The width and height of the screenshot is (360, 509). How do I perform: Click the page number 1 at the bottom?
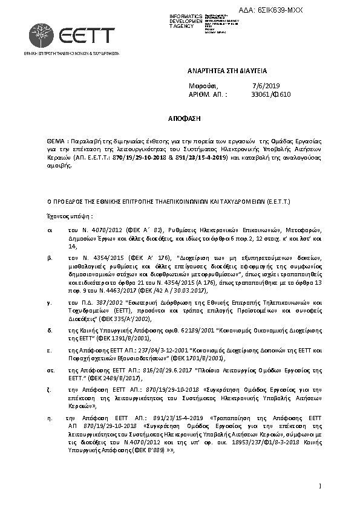319,486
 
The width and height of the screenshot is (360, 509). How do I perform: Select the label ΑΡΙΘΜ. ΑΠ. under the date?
208,94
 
